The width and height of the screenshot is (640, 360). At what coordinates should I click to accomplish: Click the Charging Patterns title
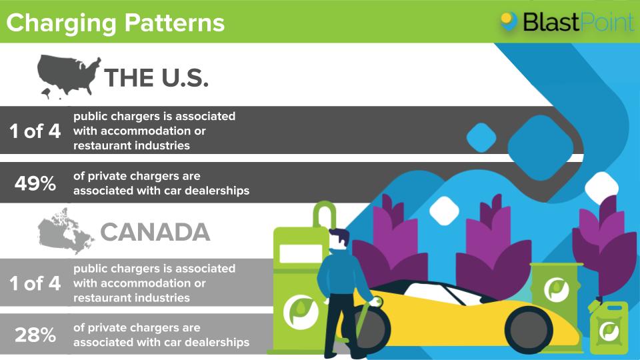pos(115,23)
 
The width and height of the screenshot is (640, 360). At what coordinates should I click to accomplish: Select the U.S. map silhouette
pos(68,75)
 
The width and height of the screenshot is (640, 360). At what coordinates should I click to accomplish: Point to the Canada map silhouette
pos(65,230)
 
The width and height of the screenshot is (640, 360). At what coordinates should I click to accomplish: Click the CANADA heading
pos(155,232)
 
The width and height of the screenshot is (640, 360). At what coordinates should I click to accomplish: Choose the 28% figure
pos(35,335)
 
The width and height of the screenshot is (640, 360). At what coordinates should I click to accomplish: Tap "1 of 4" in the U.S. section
pos(35,131)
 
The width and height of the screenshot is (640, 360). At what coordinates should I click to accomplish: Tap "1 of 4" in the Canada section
pos(35,283)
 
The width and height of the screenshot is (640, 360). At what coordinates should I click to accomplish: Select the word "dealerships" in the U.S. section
pos(217,191)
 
